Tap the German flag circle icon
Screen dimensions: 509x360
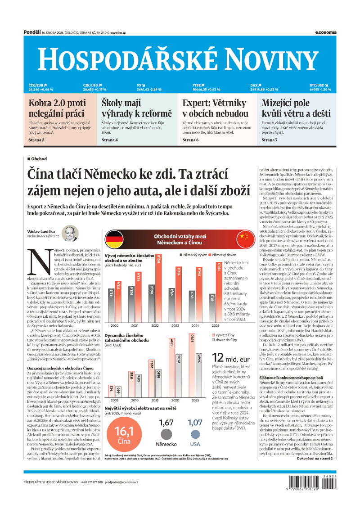tap(114, 237)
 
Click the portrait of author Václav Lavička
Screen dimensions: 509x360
tap(70, 233)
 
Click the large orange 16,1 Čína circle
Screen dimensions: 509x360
tap(124, 433)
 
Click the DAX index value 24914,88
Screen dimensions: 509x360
tap(261, 90)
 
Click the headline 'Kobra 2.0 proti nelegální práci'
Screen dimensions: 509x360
tap(57, 108)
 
